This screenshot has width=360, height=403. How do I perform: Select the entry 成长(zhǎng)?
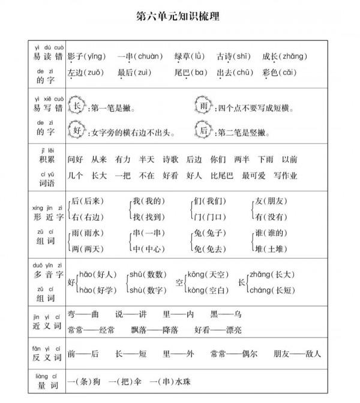284,56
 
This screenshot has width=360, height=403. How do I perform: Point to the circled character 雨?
205,107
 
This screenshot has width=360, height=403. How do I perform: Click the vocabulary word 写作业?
285,176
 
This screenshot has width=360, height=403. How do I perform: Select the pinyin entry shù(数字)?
148,290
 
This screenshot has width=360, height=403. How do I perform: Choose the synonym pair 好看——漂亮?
218,330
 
